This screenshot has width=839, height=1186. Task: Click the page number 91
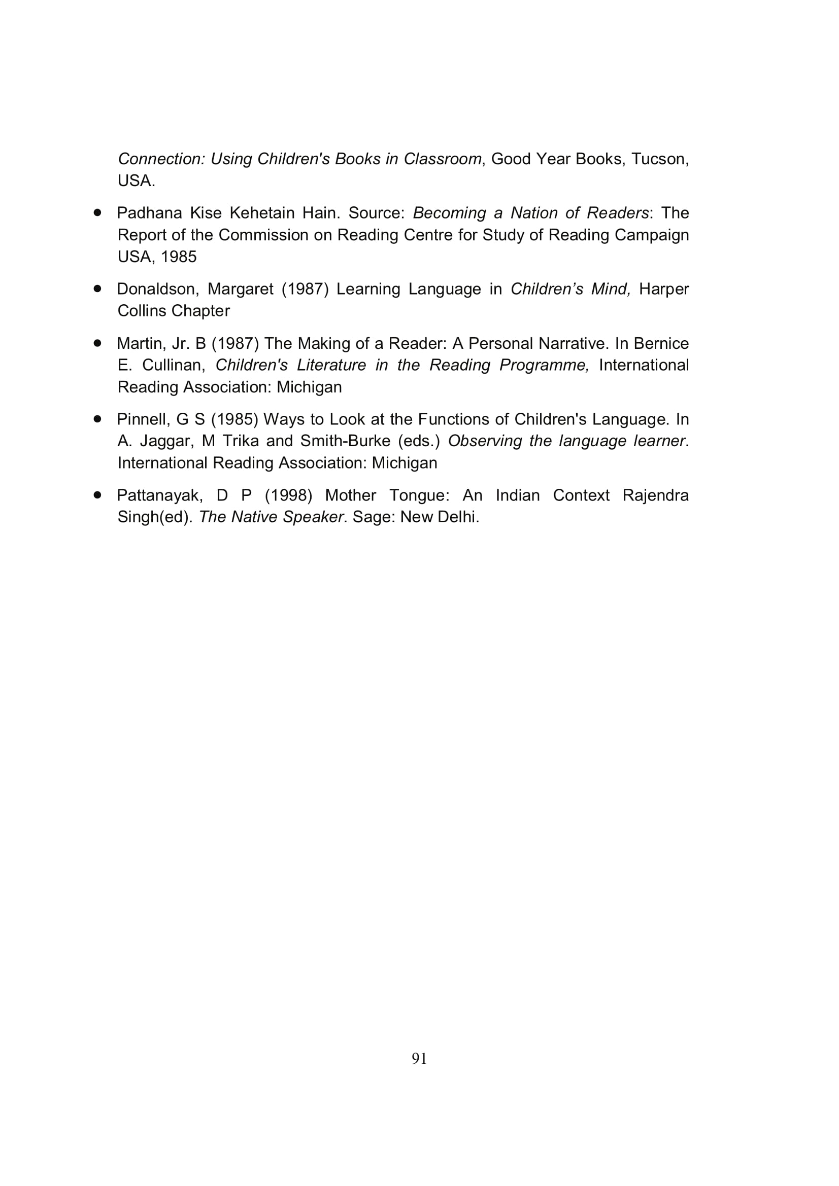pos(419,1058)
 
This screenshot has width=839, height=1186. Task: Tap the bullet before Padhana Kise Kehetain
pos(97,212)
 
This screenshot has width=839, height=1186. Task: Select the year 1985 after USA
pos(178,257)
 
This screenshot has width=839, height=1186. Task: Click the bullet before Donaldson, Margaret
pos(97,289)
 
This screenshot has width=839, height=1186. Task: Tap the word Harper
pos(664,289)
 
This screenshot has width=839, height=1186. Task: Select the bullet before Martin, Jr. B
pos(97,343)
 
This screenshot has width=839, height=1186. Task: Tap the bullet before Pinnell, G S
pos(97,419)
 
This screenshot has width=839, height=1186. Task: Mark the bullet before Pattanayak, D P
pos(97,495)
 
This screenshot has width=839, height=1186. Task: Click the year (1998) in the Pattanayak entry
pos(288,495)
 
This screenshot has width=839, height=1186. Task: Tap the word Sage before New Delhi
pos(368,517)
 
